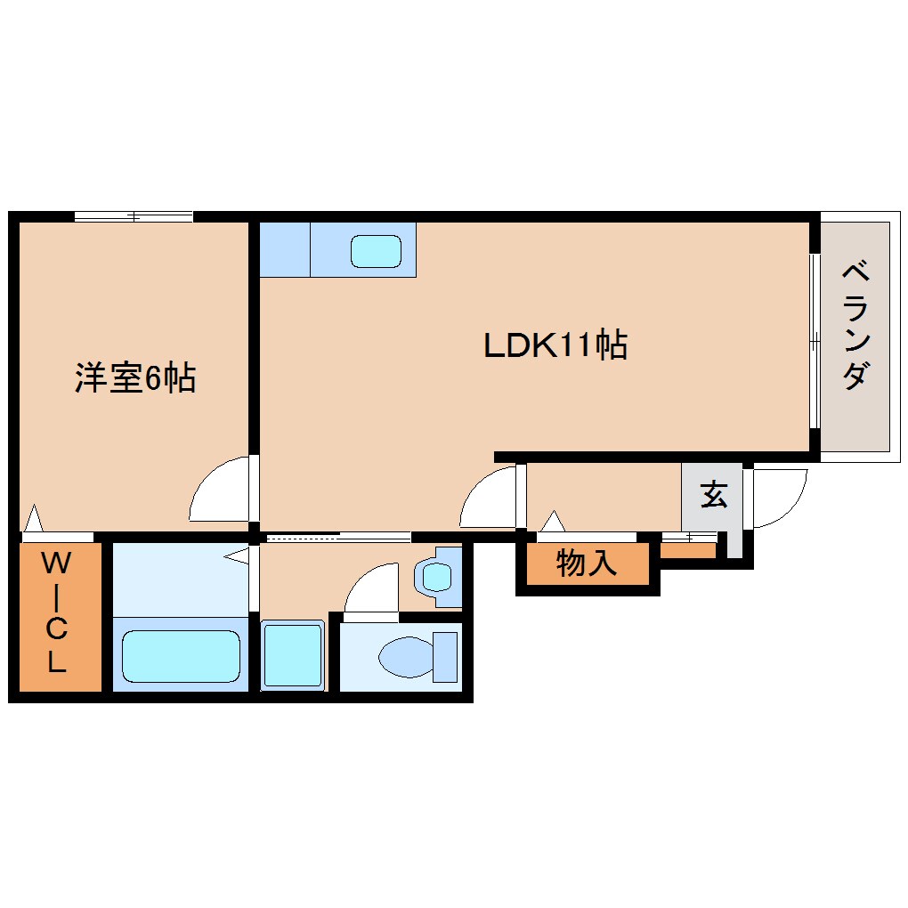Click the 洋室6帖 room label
coord(134,379)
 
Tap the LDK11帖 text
coord(555,345)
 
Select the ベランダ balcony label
coord(855,325)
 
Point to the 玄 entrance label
coord(712,495)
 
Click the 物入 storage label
coord(587,563)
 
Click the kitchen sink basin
coord(376,251)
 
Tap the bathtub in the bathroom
coord(180,656)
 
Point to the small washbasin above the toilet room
coord(437,577)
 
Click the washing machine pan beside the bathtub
coord(292,654)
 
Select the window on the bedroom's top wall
coord(134,216)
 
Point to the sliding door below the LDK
coord(338,537)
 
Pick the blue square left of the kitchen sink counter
coord(284,249)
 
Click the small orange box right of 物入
coord(687,551)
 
